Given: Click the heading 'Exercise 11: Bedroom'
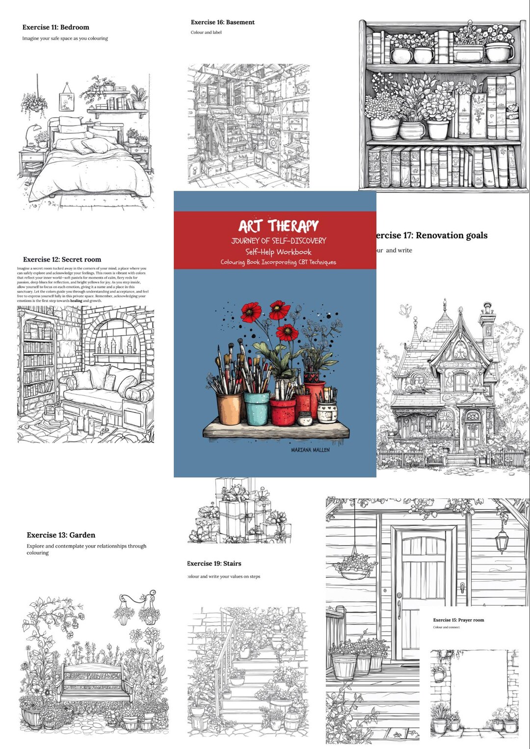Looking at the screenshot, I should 55,27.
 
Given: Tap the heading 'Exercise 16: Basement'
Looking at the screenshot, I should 222,22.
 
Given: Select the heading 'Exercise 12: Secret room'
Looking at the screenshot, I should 62,259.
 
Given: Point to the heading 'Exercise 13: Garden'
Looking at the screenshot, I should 61,535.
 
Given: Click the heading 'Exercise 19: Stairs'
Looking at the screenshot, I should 214,564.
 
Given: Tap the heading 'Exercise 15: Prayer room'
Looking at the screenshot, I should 458,620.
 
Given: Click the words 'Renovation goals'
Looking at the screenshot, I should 451,235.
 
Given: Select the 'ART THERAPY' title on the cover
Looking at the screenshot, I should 278,226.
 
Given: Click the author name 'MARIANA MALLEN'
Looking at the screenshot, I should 310,450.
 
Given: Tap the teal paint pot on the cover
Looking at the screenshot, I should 257,408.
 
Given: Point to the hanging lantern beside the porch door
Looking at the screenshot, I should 502,540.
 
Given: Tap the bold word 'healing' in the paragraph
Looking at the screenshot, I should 76,301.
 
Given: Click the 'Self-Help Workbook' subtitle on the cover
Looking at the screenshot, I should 278,252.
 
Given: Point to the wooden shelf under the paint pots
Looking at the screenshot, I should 276,431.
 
